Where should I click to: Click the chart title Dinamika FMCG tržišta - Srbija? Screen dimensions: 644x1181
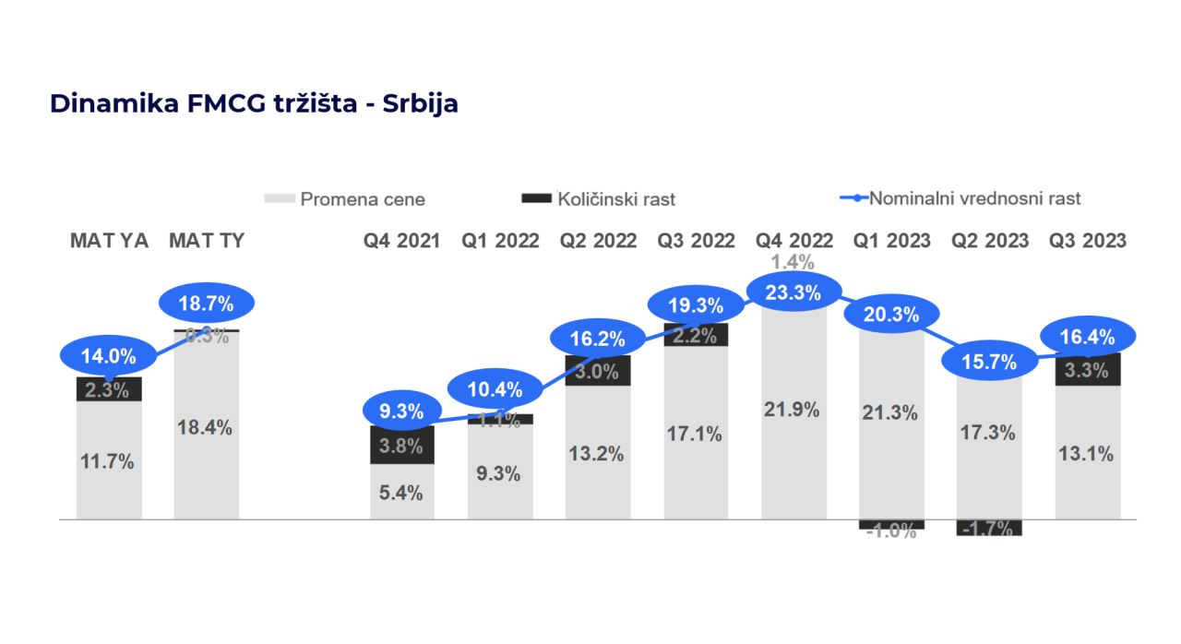(254, 103)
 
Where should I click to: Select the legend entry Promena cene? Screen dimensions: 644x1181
(345, 198)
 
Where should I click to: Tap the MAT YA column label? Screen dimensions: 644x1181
(110, 241)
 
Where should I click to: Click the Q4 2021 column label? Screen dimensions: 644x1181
(401, 241)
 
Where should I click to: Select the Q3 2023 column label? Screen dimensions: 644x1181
(1088, 241)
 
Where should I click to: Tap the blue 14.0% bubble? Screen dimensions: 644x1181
(110, 355)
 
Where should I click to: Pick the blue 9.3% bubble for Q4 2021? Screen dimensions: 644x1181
(401, 411)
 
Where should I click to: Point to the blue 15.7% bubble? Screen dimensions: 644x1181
(988, 362)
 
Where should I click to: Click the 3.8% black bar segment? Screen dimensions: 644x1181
(401, 446)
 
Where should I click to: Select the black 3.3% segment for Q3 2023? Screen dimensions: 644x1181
(1088, 371)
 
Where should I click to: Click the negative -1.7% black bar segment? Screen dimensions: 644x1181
(988, 528)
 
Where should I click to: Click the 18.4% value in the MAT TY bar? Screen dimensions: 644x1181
(206, 427)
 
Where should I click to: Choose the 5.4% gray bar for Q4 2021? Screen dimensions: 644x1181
(401, 493)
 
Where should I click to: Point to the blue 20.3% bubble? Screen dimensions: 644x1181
(891, 315)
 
